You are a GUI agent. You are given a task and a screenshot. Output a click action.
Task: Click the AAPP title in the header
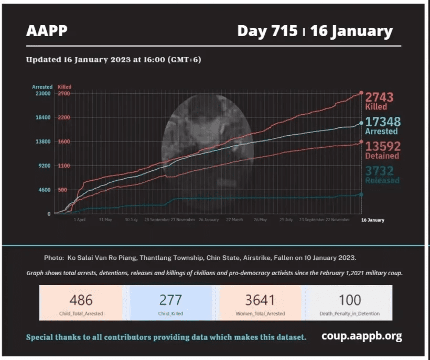(x=47, y=31)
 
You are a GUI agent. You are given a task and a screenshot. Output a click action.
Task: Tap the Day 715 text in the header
(x=267, y=31)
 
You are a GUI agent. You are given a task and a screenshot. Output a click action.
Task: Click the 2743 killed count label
(x=379, y=97)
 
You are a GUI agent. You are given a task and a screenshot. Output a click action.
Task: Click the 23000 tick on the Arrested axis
(x=42, y=93)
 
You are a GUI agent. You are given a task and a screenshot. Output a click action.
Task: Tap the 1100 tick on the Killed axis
(x=63, y=166)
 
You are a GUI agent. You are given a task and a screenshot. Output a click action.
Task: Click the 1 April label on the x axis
(x=80, y=220)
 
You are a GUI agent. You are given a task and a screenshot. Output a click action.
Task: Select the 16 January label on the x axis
(x=372, y=220)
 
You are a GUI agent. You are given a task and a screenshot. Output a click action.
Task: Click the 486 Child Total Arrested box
(x=81, y=302)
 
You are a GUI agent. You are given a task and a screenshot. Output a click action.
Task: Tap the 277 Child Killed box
(x=171, y=302)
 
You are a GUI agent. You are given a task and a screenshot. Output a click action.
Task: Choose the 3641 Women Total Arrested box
(x=260, y=302)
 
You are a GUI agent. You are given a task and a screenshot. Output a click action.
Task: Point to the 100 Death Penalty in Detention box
(x=350, y=302)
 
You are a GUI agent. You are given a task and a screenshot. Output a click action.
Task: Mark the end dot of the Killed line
(x=361, y=93)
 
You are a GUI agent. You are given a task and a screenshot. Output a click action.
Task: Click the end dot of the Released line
(x=361, y=194)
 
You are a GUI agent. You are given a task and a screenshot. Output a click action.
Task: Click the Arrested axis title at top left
(x=42, y=87)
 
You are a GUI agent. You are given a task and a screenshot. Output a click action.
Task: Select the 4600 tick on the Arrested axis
(x=44, y=190)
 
